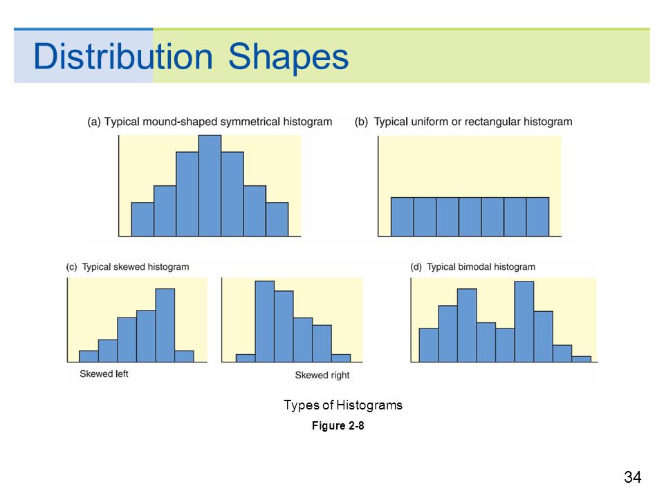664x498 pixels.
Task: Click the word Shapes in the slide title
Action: pos(288,57)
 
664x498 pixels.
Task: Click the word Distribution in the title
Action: pos(123,55)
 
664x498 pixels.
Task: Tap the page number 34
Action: pos(633,477)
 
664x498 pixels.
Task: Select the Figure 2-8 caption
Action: pos(338,425)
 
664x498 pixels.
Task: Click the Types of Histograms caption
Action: pos(343,405)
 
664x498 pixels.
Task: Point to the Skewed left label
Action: pos(104,373)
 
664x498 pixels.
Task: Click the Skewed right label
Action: pos(322,375)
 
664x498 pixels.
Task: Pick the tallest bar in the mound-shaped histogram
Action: pos(210,185)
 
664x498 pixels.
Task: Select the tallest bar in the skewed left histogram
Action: pos(165,325)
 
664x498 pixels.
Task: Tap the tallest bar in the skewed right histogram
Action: pos(265,322)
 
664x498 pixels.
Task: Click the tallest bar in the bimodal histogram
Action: pos(524,322)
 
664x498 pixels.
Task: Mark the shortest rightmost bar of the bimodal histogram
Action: pos(582,359)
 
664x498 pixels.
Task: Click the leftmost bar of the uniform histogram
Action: pos(403,216)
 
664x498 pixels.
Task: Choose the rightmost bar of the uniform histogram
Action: pos(538,216)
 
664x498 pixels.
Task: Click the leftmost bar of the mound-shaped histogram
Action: pos(142,219)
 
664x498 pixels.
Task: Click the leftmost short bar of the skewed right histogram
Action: pos(246,358)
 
